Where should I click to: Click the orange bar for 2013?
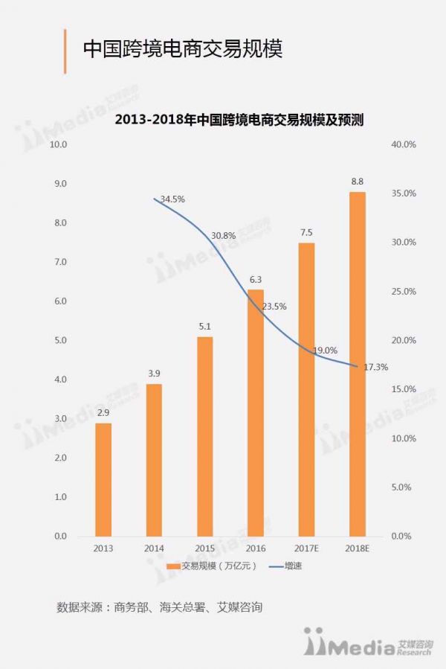(x=103, y=479)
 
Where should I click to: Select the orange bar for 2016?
(x=255, y=413)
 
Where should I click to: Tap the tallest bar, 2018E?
(x=357, y=364)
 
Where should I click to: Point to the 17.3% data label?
(x=376, y=367)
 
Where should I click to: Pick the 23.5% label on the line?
(x=274, y=306)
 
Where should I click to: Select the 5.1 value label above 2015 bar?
(x=205, y=327)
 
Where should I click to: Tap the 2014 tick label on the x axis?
(x=154, y=548)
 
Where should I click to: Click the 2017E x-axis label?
(x=306, y=548)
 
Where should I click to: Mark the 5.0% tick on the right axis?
(x=403, y=487)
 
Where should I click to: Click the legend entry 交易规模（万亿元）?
(x=211, y=566)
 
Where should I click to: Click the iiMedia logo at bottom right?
(x=367, y=642)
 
